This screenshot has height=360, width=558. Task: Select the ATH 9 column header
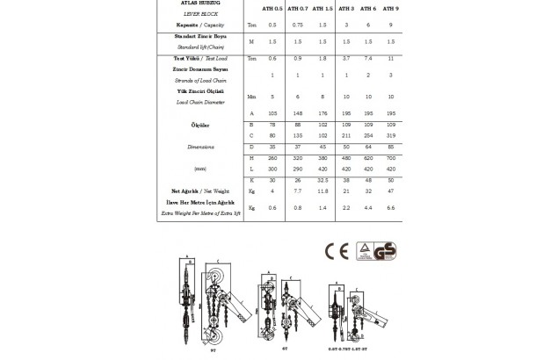(391, 9)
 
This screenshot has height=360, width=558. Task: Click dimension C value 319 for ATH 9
(391, 135)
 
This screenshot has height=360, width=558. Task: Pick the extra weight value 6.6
(391, 208)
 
